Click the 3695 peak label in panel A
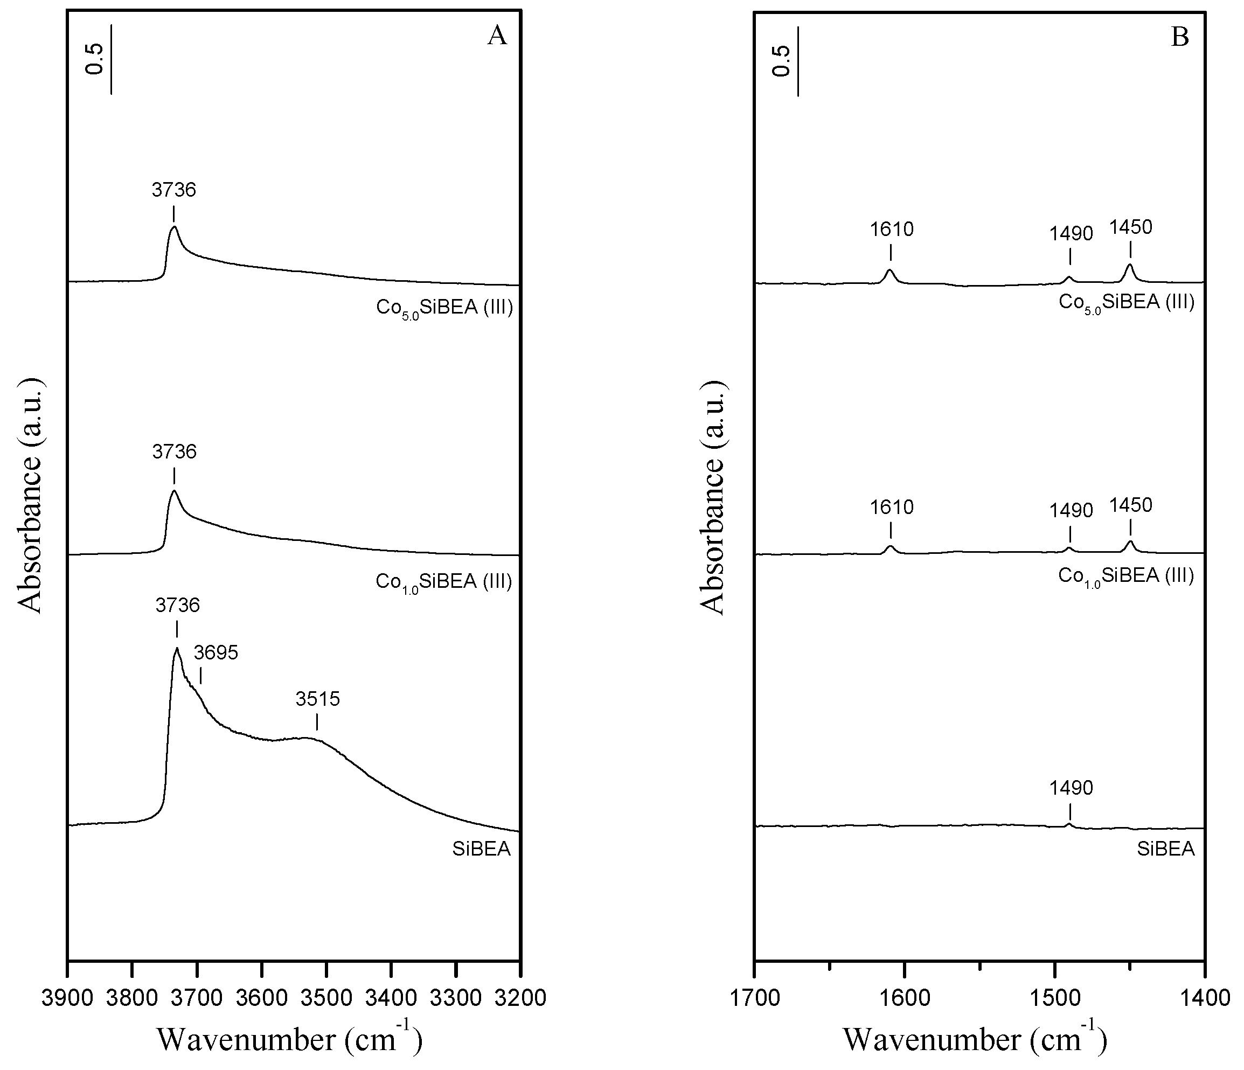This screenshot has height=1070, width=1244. point(216,652)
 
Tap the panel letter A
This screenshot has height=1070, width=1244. point(497,36)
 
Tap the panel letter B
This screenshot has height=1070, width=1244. point(1180,37)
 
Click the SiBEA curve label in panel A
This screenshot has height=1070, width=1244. point(482,849)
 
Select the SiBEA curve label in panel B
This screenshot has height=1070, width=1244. point(1165,849)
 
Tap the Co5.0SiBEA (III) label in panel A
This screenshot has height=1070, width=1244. point(444,308)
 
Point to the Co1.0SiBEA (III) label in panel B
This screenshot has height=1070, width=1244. point(1125,576)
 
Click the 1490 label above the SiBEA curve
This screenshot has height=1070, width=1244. point(1071,787)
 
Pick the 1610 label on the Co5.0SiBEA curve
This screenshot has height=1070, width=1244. point(892,229)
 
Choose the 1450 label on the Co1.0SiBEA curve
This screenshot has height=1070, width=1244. point(1130,505)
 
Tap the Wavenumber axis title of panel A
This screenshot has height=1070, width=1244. point(289,1039)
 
